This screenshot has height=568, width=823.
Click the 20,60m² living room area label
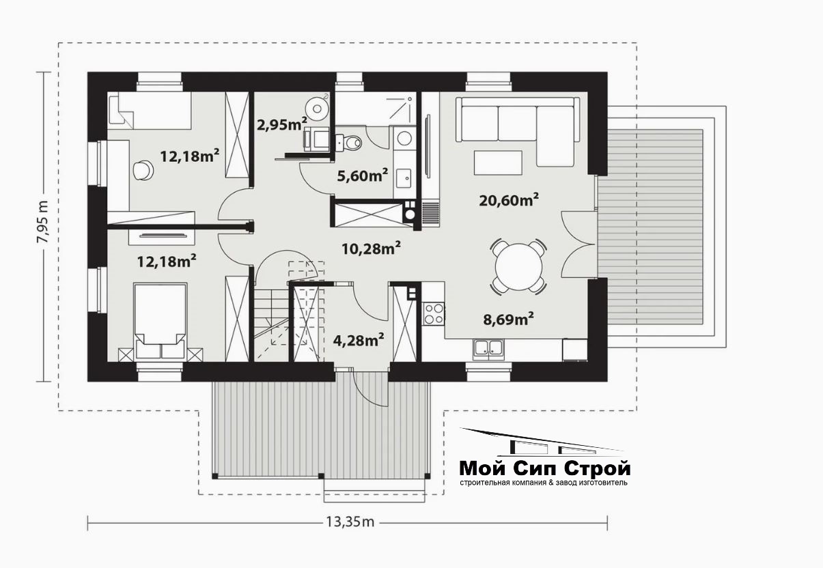point(509,200)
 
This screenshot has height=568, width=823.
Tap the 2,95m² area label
point(282,124)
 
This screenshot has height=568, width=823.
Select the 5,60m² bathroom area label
point(363,175)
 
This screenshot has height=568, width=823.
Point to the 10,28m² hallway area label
point(371,248)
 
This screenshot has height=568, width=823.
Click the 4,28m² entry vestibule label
point(359,340)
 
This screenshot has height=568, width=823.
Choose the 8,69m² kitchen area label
point(509,319)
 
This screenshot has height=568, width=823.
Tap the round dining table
point(518,267)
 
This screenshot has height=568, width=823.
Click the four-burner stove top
point(434,314)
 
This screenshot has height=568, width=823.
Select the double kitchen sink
point(488,347)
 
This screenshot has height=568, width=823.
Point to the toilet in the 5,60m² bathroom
point(349,143)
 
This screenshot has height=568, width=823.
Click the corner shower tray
point(400,109)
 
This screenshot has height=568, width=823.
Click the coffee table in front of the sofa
point(498,162)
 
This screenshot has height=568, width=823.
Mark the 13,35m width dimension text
point(350,522)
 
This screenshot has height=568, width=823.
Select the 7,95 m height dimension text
point(42,222)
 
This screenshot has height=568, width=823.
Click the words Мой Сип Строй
point(545,468)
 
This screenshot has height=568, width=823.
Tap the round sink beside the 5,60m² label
point(404,139)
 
